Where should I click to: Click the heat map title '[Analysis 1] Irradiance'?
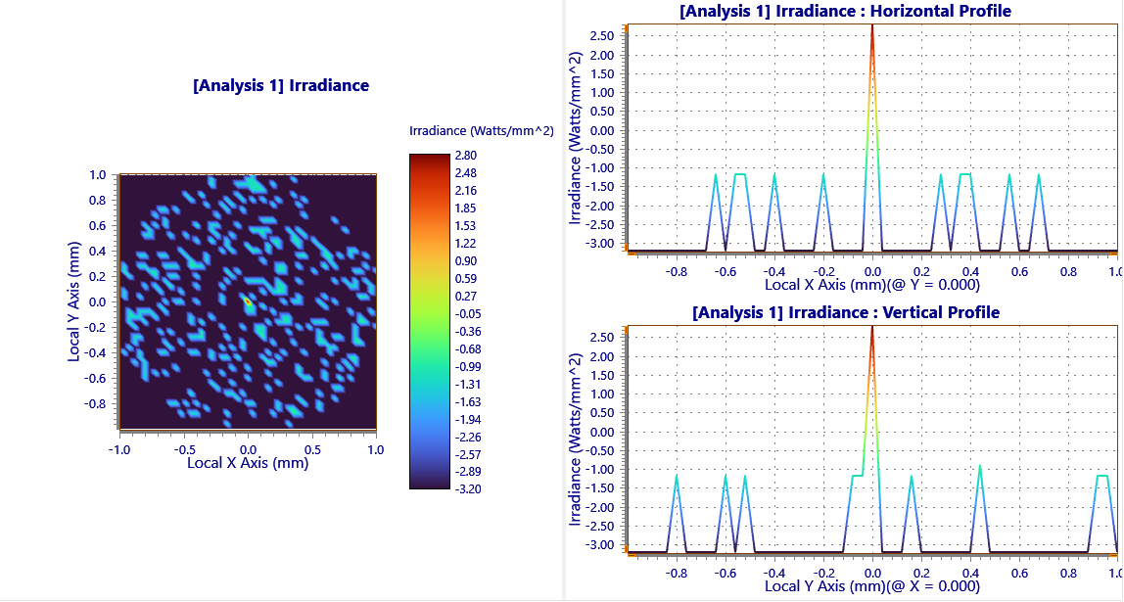[281, 85]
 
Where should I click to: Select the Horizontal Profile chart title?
[845, 11]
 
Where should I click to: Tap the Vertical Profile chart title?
[846, 312]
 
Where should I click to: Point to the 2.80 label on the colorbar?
[467, 155]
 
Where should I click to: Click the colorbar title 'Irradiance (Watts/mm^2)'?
[481, 130]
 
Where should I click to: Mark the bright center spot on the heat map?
[249, 302]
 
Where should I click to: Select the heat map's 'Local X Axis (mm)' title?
[248, 463]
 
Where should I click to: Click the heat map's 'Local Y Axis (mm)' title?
[73, 302]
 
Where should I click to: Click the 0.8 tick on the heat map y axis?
[98, 201]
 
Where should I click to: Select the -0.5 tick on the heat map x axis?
[182, 449]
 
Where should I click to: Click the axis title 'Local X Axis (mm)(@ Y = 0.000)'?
[871, 286]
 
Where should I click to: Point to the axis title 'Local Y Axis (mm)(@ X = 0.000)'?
[871, 586]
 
